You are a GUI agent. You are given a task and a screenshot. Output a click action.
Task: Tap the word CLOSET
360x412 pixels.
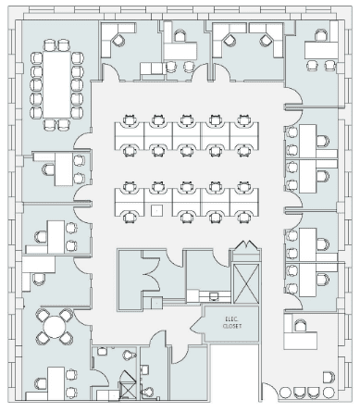click(x=232, y=326)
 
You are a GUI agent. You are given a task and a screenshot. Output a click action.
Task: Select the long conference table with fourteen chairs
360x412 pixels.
click(x=57, y=84)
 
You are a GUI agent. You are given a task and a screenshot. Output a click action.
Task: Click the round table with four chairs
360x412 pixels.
click(x=55, y=327)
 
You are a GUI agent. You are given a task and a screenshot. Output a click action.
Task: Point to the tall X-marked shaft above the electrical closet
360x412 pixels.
click(x=246, y=284)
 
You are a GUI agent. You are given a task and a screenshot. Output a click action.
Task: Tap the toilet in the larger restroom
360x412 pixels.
click(x=130, y=355)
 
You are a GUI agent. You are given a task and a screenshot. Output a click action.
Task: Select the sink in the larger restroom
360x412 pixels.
click(x=102, y=351)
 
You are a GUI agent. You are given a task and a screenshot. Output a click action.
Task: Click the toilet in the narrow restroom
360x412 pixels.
click(x=147, y=392)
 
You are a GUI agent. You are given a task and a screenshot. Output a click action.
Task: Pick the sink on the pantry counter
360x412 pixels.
click(x=214, y=296)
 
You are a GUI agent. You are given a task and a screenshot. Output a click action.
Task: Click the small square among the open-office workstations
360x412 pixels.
click(x=157, y=210)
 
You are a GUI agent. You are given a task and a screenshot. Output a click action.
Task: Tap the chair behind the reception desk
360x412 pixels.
click(x=300, y=326)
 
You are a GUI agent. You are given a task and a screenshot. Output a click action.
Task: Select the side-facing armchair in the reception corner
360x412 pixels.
click(x=329, y=377)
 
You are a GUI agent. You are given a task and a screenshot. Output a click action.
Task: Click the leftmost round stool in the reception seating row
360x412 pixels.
click(x=285, y=393)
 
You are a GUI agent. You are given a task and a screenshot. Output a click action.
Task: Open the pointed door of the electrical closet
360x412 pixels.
click(x=197, y=324)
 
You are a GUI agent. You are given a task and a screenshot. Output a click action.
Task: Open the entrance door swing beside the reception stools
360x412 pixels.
click(x=270, y=392)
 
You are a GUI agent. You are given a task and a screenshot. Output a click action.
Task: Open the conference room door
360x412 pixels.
click(x=81, y=141)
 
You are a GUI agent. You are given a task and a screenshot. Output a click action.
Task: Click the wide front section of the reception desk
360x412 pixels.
click(x=301, y=341)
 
